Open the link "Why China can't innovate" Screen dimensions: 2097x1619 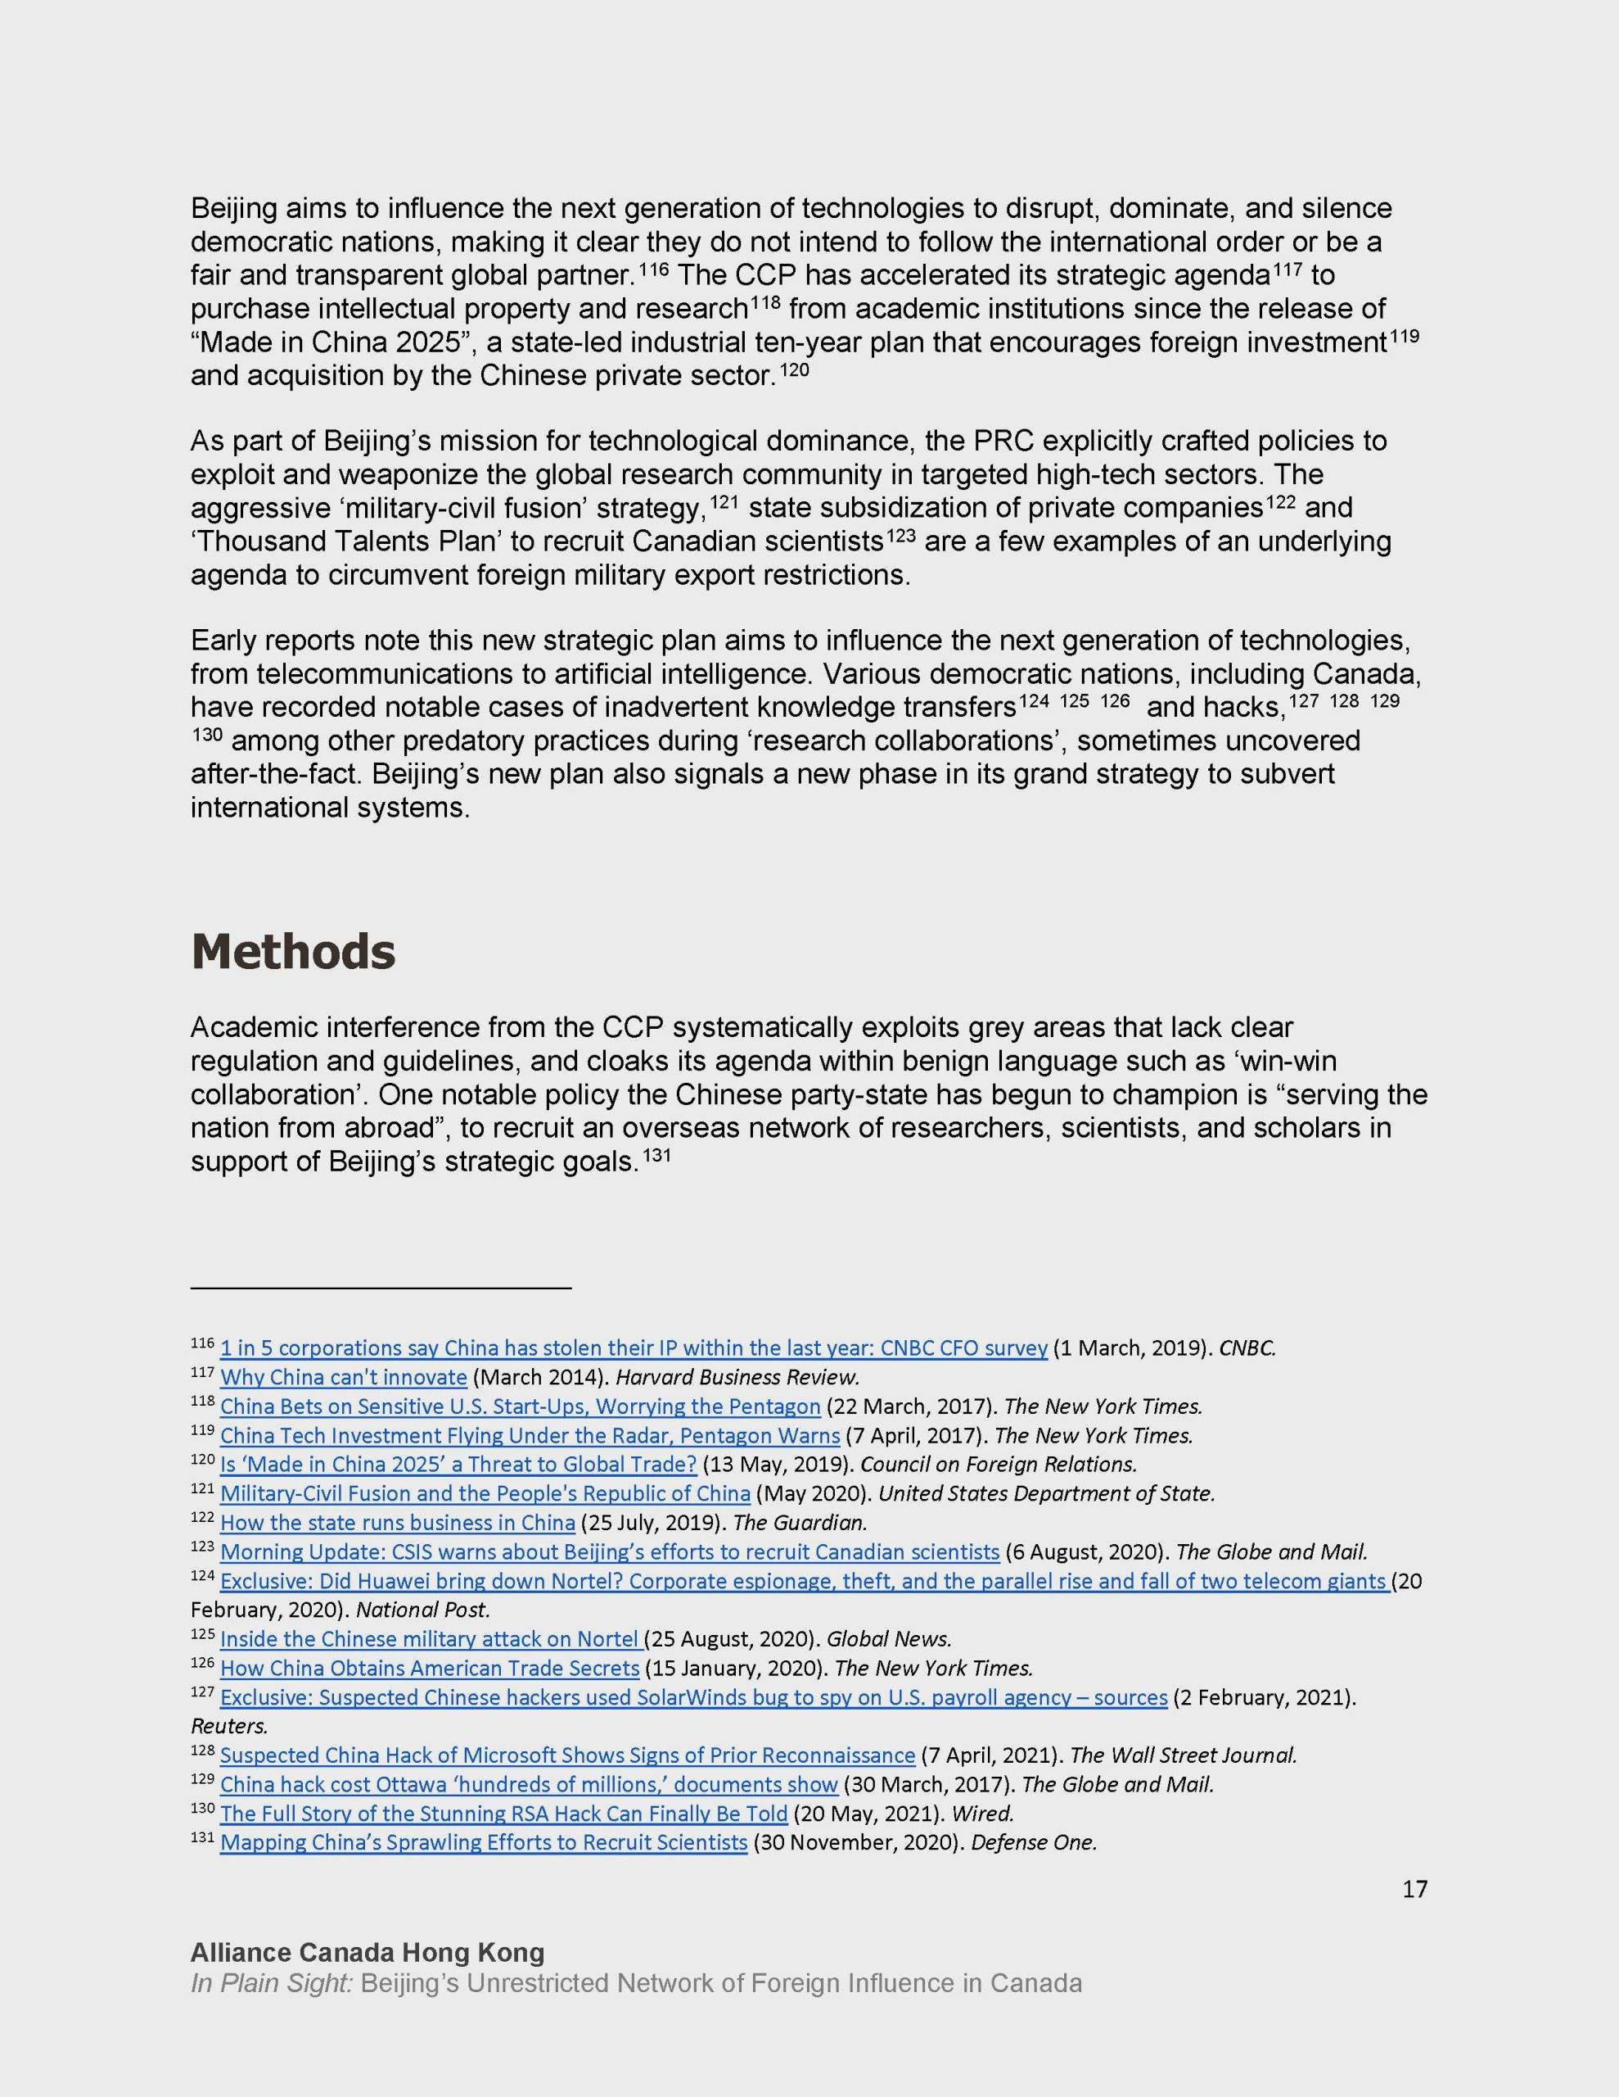(343, 1377)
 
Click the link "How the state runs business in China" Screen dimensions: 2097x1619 (397, 1522)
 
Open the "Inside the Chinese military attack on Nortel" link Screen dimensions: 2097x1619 (429, 1638)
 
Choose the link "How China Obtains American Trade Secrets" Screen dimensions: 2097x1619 (429, 1668)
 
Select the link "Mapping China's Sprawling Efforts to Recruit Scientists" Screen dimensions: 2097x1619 (483, 1842)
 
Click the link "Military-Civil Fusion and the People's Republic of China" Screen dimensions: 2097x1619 (485, 1493)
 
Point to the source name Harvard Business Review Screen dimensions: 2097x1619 (736, 1377)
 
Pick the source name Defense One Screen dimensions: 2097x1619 (1034, 1842)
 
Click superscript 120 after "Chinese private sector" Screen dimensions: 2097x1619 (794, 369)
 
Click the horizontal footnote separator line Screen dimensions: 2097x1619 (380, 1288)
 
